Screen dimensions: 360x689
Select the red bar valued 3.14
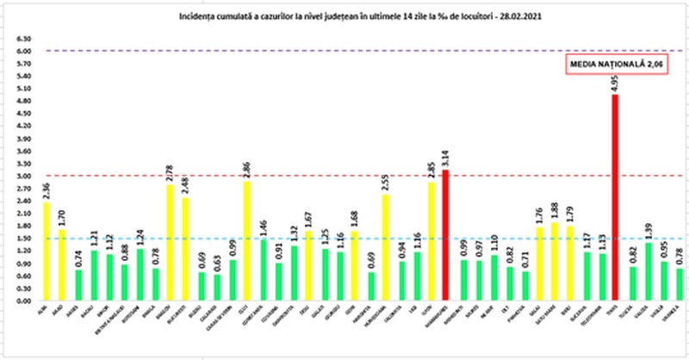coord(445,236)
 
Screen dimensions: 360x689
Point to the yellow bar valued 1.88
coord(554,263)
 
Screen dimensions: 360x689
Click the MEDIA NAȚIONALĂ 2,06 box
coord(609,65)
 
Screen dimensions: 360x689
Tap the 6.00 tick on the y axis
coord(24,51)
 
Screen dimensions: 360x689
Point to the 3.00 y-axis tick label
coord(24,177)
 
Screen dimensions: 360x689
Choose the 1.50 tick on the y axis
coord(24,239)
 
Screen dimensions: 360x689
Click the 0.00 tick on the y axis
coord(24,301)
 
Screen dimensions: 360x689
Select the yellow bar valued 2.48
coord(185,250)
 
